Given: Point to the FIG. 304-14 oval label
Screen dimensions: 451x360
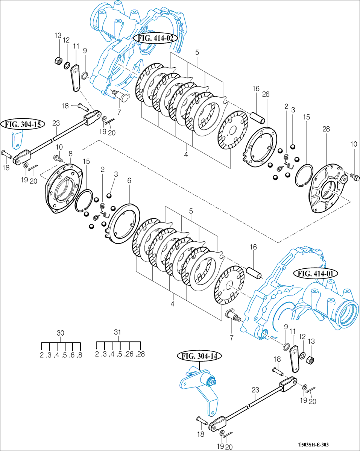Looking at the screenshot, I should point(199,356).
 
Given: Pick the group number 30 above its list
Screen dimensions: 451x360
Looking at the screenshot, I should point(60,333).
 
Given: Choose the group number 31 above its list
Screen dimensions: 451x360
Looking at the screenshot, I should point(118,332).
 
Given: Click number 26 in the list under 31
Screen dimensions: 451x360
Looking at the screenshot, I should point(129,354).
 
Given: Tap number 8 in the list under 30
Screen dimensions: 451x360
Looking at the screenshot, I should point(79,354).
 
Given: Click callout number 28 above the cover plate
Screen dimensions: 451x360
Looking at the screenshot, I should point(326,129).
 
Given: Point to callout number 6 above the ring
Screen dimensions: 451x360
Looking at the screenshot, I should point(129,181).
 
